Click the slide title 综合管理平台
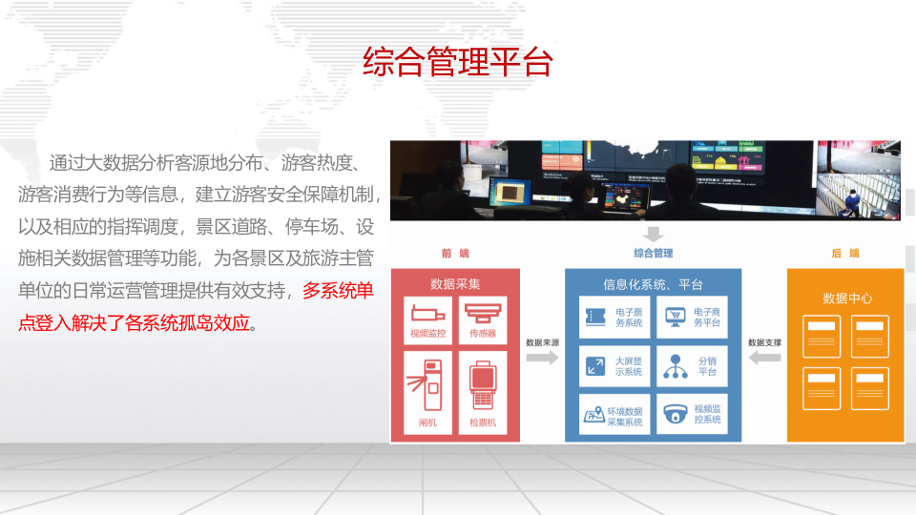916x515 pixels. tap(458, 62)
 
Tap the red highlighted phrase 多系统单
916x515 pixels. tap(338, 291)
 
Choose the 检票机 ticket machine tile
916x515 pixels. tap(489, 390)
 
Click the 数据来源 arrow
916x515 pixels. tap(542, 358)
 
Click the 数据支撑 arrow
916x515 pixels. tap(764, 358)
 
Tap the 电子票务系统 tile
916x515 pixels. tap(614, 317)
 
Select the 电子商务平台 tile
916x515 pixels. tap(692, 317)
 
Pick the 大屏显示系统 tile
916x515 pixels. tap(614, 365)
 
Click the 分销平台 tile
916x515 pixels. tap(692, 365)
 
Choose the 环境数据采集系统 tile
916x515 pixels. tap(614, 414)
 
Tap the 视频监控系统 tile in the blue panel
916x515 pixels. tap(692, 414)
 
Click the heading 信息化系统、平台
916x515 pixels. tap(653, 283)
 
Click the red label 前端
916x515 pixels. tap(455, 253)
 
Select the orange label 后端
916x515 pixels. tap(845, 253)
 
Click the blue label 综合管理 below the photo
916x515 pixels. tap(653, 253)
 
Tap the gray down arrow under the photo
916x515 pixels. tap(653, 234)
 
